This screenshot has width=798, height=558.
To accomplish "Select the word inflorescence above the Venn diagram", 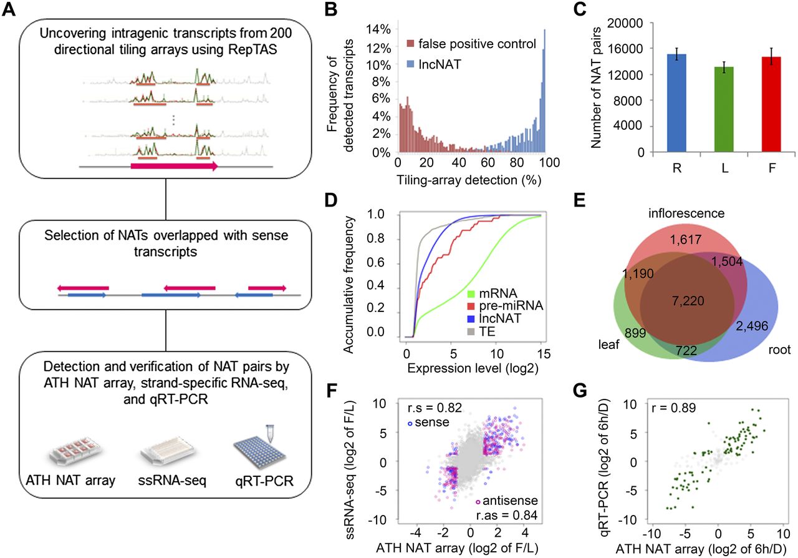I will [677, 213].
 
